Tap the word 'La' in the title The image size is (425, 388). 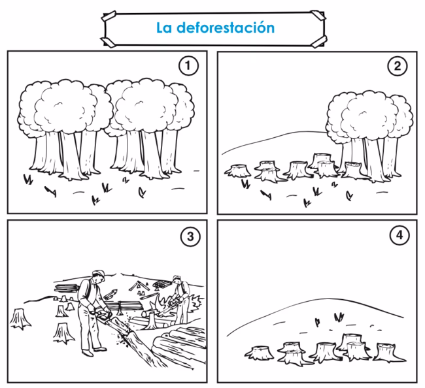163,29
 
